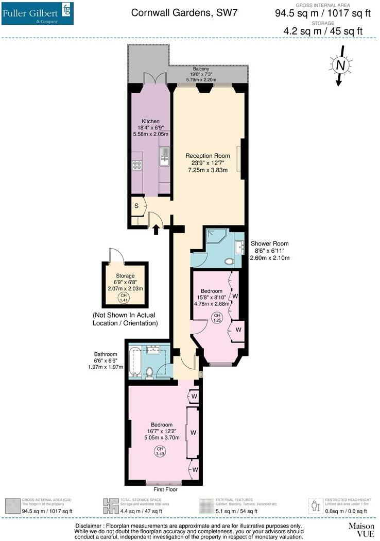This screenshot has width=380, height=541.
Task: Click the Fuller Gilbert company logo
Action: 37,13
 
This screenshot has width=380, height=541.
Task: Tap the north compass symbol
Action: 340,66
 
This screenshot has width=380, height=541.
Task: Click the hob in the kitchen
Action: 137,165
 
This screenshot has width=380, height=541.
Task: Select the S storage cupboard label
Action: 136,206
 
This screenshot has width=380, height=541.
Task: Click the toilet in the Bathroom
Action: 149,372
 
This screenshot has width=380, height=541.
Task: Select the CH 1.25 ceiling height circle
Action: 217,318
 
